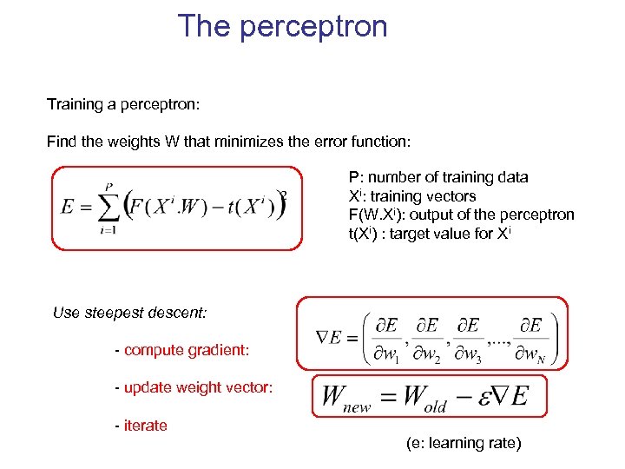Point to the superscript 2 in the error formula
pyautogui.click(x=283, y=195)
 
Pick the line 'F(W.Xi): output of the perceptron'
pyautogui.click(x=461, y=215)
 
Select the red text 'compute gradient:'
pyautogui.click(x=187, y=350)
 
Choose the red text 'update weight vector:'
pyautogui.click(x=198, y=387)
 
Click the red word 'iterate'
pyautogui.click(x=146, y=426)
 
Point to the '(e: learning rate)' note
pyautogui.click(x=464, y=443)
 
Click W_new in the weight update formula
pyautogui.click(x=346, y=398)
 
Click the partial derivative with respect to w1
pyautogui.click(x=386, y=337)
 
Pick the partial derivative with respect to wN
pyautogui.click(x=530, y=337)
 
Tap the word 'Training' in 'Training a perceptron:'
pyautogui.click(x=75, y=104)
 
